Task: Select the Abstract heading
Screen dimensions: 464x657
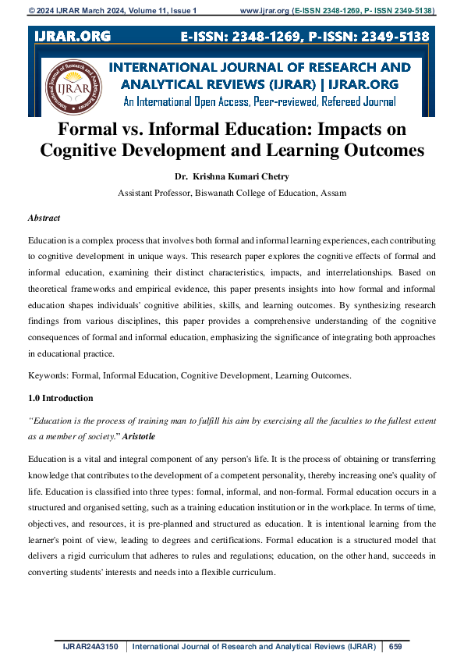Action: (x=44, y=218)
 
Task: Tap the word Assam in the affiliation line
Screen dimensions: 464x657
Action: (x=331, y=192)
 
